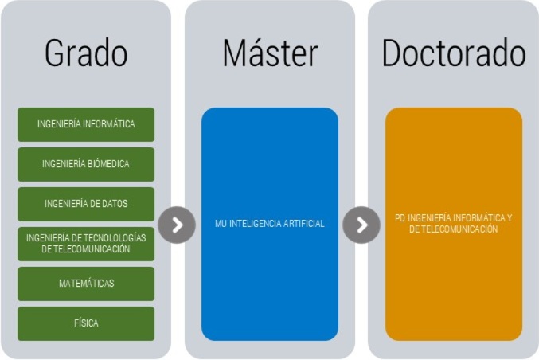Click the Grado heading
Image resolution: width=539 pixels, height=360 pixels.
coord(86,53)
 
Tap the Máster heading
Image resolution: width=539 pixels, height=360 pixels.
coord(270,53)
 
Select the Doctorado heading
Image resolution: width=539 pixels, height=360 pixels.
coord(454,53)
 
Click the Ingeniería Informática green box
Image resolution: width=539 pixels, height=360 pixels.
coord(86,124)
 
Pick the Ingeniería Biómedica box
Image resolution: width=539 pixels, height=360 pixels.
coord(86,164)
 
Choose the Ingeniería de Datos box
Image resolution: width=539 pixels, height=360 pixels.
coord(86,204)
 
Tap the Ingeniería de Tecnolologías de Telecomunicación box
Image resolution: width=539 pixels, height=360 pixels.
coord(86,244)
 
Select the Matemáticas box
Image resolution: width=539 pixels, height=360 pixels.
coord(86,284)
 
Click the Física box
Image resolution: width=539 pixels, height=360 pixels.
coord(86,323)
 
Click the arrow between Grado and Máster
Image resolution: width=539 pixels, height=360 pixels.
coord(177,225)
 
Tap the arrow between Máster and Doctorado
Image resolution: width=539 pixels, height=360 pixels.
coord(361,225)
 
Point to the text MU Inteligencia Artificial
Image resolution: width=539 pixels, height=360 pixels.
coord(270,224)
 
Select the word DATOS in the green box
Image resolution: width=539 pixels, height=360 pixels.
coord(115,204)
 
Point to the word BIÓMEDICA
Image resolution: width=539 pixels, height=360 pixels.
coord(108,163)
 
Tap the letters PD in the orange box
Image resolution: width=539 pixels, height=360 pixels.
coord(400,218)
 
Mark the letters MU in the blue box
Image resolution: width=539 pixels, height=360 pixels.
coord(221,224)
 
